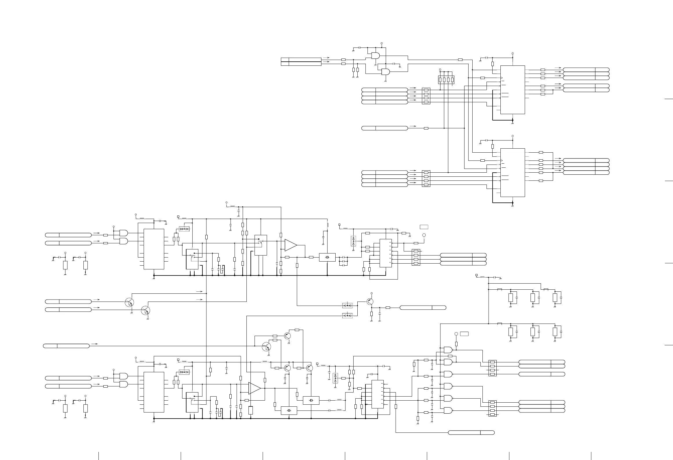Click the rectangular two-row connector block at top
click(x=301, y=62)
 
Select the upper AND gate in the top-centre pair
click(x=375, y=55)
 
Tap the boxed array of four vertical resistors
click(x=446, y=80)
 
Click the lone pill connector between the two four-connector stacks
click(x=385, y=128)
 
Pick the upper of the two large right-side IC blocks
click(x=513, y=90)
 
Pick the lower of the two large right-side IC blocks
click(x=513, y=173)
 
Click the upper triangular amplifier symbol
click(x=290, y=245)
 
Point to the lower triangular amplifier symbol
click(x=254, y=388)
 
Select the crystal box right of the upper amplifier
click(x=327, y=257)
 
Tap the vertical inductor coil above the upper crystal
click(x=327, y=224)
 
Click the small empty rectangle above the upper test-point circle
click(x=424, y=227)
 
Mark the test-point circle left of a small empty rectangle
click(x=456, y=334)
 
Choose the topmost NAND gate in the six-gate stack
click(x=448, y=350)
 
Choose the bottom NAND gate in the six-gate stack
click(x=448, y=410)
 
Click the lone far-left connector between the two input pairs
click(x=66, y=346)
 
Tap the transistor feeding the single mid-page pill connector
click(x=370, y=302)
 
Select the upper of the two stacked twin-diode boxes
click(x=347, y=305)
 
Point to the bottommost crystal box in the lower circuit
click(x=289, y=411)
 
